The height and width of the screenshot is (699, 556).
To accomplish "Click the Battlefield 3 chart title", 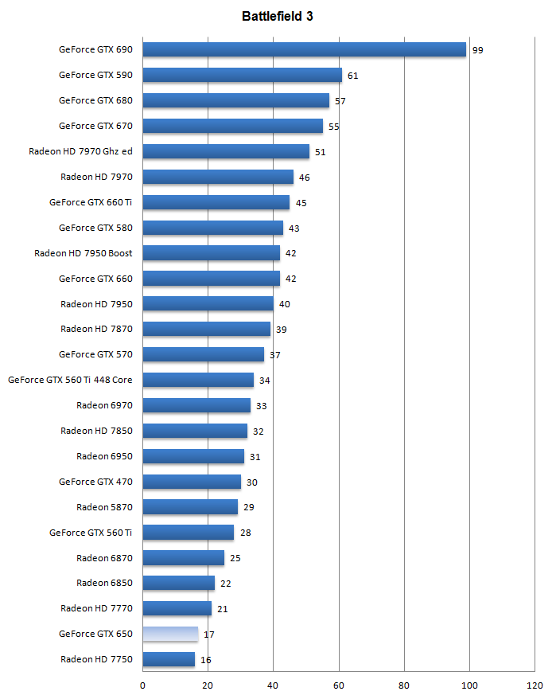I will pyautogui.click(x=278, y=16).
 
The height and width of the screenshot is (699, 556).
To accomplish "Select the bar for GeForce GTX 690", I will pyautogui.click(x=304, y=49).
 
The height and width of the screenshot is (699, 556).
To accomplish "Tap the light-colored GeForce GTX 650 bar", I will pyautogui.click(x=170, y=635).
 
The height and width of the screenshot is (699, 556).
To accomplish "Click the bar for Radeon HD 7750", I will pyautogui.click(x=169, y=659).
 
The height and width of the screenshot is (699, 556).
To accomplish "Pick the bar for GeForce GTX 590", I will pyautogui.click(x=242, y=75).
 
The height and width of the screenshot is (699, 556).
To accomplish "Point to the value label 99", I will pyautogui.click(x=477, y=50).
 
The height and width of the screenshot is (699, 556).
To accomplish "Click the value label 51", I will pyautogui.click(x=321, y=152).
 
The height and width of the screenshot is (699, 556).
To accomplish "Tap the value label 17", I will pyautogui.click(x=209, y=635).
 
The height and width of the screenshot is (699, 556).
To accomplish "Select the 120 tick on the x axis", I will pyautogui.click(x=535, y=685).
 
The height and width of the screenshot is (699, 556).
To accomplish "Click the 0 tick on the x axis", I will pyautogui.click(x=143, y=685).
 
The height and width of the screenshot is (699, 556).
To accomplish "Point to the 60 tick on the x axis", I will pyautogui.click(x=339, y=685).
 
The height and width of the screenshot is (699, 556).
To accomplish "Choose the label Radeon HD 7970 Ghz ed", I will pyautogui.click(x=80, y=151).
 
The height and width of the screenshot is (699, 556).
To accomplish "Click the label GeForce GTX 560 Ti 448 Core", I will pyautogui.click(x=70, y=380).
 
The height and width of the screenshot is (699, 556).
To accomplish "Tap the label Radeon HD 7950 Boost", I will pyautogui.click(x=84, y=253).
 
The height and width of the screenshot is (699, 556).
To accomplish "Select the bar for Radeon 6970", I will pyautogui.click(x=196, y=405).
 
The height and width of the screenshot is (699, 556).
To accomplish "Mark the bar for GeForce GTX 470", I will pyautogui.click(x=192, y=482).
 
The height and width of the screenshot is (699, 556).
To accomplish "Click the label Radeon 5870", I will pyautogui.click(x=104, y=507).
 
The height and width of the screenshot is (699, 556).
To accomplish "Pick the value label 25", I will pyautogui.click(x=235, y=559).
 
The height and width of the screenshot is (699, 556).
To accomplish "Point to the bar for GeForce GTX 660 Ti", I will pyautogui.click(x=216, y=202).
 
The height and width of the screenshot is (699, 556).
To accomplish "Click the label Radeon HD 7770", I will pyautogui.click(x=96, y=608).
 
